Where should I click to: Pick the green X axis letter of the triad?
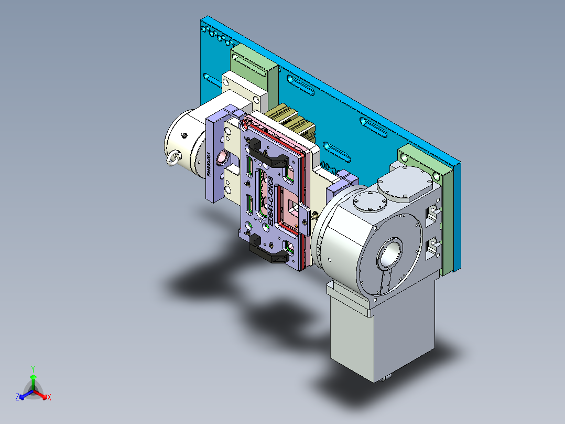point(49,398)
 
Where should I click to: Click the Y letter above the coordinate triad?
point(33,369)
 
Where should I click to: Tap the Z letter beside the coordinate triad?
point(17,398)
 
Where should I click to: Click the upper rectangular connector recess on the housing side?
point(432,213)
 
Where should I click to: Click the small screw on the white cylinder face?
point(184,135)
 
